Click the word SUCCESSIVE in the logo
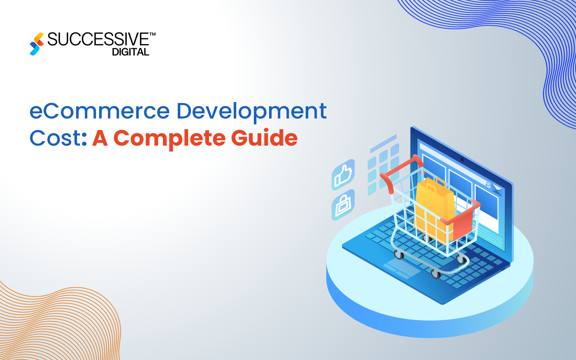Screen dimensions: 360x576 click(98, 39)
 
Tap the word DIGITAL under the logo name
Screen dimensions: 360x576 click(130, 52)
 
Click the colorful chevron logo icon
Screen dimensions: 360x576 click(37, 44)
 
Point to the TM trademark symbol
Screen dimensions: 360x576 click(153, 35)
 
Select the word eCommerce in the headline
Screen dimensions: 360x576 click(100, 111)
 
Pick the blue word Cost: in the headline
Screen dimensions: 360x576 click(58, 138)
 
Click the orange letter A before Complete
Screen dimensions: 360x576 click(100, 138)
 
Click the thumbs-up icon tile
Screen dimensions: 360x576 click(343, 174)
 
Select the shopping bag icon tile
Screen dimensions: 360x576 click(343, 204)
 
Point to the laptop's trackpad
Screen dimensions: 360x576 click(402, 268)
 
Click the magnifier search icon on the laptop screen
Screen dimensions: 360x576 click(488, 184)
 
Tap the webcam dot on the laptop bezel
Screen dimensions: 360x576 click(462, 159)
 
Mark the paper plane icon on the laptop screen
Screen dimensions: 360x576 click(497, 190)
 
